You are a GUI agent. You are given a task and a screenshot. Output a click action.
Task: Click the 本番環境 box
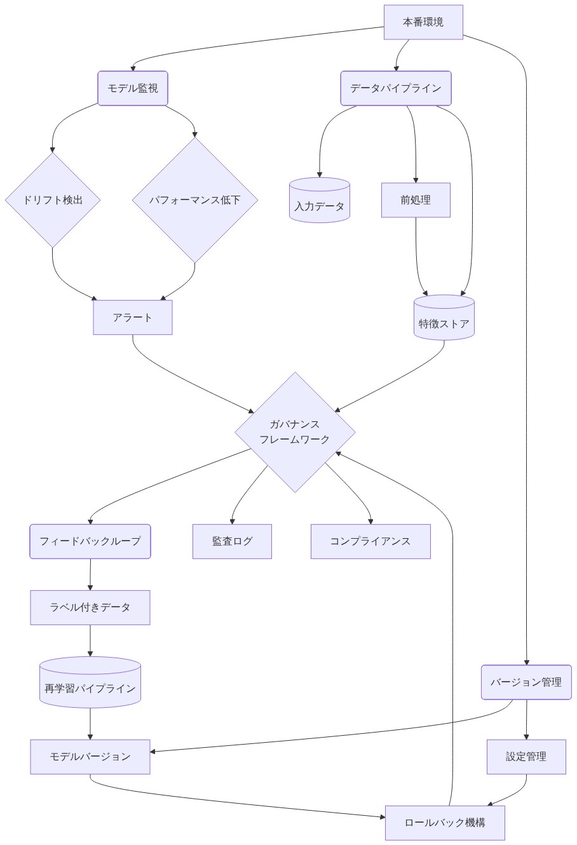(423, 22)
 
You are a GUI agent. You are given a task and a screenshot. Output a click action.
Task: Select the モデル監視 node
(132, 88)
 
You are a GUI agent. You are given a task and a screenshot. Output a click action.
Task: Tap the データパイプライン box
(395, 88)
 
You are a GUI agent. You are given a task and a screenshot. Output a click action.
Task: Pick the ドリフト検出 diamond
(53, 200)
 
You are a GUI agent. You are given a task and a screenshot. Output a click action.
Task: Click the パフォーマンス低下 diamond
(194, 200)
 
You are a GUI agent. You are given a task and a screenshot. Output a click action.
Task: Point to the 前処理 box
(416, 200)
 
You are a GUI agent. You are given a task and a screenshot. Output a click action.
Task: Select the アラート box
(132, 317)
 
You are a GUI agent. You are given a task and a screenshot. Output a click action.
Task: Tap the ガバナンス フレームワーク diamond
(295, 432)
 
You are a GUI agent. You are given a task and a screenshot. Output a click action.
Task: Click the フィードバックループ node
(90, 541)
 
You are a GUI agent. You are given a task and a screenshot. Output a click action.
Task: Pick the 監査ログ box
(232, 541)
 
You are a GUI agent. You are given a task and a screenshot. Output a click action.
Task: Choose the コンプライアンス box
(370, 541)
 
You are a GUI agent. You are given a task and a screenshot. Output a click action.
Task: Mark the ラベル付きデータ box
(90, 607)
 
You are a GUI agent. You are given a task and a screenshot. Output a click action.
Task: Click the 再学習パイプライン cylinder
(90, 683)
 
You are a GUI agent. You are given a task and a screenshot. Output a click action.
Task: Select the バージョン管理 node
(526, 682)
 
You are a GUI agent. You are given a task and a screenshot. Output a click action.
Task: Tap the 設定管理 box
(526, 757)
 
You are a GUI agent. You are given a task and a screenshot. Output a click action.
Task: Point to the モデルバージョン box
(90, 757)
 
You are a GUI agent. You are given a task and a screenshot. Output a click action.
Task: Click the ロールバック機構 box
(445, 823)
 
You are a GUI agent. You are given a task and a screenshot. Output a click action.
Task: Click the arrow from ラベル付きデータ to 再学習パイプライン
(90, 640)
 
